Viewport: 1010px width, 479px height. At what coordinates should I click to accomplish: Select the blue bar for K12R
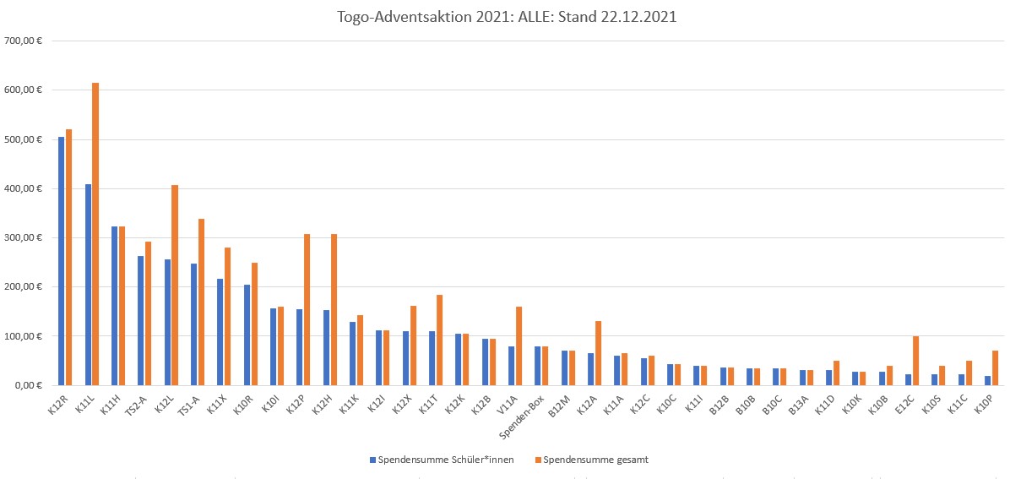[61, 261]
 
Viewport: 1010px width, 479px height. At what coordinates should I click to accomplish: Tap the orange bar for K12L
[175, 285]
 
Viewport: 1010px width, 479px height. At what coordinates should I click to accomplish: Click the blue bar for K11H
[114, 306]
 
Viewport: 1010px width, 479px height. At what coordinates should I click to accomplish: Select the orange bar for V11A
[519, 346]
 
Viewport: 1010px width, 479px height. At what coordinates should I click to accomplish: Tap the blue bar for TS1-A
[193, 324]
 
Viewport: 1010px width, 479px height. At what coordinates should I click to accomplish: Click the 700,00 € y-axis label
[24, 41]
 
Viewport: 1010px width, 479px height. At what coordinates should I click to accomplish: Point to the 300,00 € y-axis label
[24, 237]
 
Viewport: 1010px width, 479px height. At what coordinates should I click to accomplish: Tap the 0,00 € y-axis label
[28, 385]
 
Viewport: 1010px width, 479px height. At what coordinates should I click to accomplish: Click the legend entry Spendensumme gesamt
[595, 460]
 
